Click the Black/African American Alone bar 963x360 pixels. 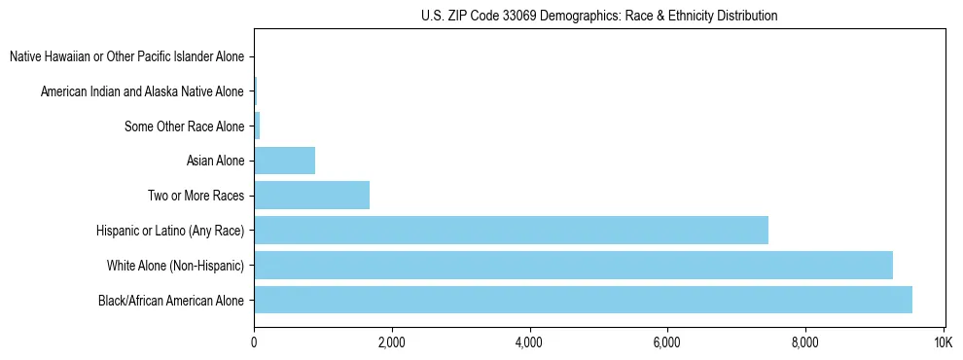(x=583, y=300)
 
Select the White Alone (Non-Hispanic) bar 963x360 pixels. (x=573, y=265)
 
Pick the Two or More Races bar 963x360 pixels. (x=311, y=196)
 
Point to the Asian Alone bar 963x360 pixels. (x=284, y=161)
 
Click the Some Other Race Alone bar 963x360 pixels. (x=257, y=126)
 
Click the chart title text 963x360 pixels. (x=599, y=16)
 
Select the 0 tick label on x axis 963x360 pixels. (x=254, y=343)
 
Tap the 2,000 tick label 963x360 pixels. (x=391, y=343)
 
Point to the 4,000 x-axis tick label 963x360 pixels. (x=529, y=343)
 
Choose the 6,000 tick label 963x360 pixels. (x=667, y=343)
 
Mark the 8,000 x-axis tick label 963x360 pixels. (x=805, y=343)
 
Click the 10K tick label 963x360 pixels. (x=943, y=343)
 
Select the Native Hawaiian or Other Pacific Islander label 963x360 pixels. (x=127, y=56)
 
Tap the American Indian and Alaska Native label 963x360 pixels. (x=143, y=91)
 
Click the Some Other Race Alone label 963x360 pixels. (x=185, y=126)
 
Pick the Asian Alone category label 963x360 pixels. (x=215, y=161)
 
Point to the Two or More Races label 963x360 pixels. (x=196, y=196)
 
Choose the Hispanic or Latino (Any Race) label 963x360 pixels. (x=170, y=231)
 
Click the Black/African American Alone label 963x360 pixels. (x=171, y=300)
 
